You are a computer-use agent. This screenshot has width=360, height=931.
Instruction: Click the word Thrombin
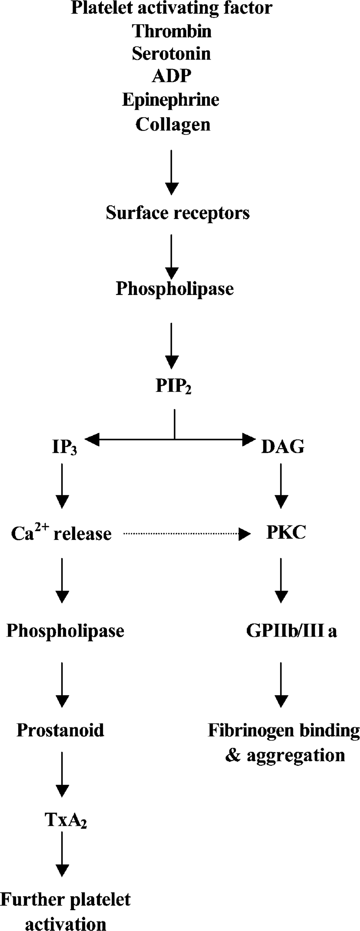tap(172, 31)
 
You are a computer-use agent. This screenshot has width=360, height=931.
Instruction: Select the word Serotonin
tap(171, 53)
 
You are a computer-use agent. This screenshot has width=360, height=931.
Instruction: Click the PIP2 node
tap(173, 386)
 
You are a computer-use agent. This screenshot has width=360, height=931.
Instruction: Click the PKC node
tap(286, 532)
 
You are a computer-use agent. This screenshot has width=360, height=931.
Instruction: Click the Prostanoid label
tap(60, 730)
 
